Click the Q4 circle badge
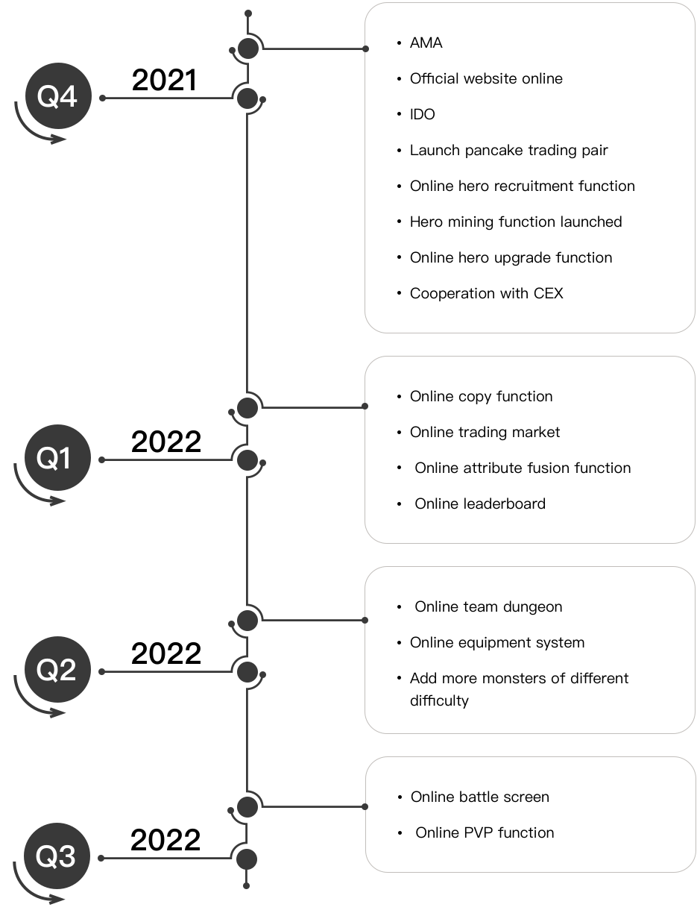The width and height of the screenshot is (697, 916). [57, 98]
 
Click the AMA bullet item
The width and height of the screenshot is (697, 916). [426, 43]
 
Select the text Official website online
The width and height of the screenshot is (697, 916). [486, 79]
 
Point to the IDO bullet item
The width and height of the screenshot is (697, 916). [422, 115]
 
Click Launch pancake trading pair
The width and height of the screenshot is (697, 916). [508, 151]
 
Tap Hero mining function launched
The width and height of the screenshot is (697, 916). [516, 222]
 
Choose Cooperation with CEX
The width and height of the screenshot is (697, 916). [486, 294]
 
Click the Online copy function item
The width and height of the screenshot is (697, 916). [481, 397]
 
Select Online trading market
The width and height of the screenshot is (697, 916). [485, 433]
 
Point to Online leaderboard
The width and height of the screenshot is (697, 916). [479, 504]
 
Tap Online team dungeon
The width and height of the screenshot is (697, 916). [488, 607]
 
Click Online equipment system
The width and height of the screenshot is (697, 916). [496, 643]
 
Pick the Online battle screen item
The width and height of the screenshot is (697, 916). [479, 797]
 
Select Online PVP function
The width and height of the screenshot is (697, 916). [485, 833]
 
